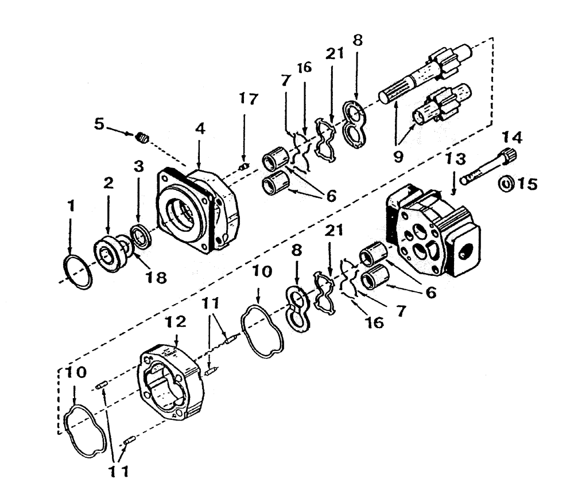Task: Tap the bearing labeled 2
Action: tap(110, 252)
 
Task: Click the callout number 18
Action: tap(156, 278)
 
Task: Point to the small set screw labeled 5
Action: tap(143, 137)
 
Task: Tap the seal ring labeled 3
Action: tap(140, 235)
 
